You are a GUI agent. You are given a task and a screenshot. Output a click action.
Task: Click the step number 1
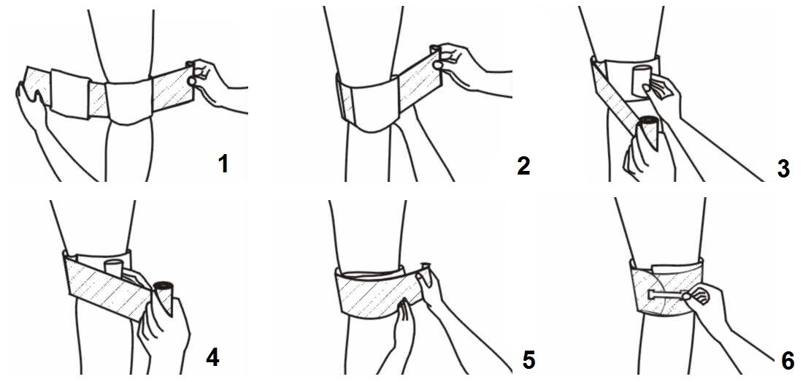coord(223,164)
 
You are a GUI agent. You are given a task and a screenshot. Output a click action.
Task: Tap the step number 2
coord(523,166)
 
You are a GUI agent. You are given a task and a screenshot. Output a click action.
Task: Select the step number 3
coord(783,169)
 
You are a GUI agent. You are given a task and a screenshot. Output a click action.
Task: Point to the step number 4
coord(212,358)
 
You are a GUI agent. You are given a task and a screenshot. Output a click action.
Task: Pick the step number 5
coord(529,360)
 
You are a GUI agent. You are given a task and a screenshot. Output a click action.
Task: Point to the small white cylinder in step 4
coord(112,267)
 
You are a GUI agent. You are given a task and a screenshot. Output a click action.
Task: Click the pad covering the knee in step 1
coord(128,101)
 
